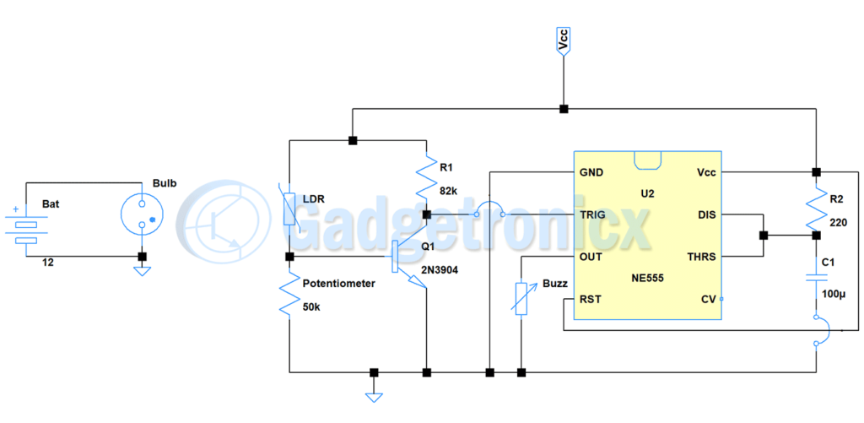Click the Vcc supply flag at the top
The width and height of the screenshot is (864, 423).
(563, 42)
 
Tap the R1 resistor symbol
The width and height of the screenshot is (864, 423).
(425, 177)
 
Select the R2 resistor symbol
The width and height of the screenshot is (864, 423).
(816, 209)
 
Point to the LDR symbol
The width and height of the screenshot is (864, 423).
(290, 205)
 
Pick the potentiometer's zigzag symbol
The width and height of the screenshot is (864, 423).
(290, 296)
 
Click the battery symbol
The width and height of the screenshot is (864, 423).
(26, 225)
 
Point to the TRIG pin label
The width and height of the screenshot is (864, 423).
(593, 214)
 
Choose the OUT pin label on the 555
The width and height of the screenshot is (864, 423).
(590, 257)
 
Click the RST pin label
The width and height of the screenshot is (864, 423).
(590, 300)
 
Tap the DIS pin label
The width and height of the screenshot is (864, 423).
(707, 214)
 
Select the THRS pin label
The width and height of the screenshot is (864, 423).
(701, 257)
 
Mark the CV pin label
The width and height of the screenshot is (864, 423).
(709, 300)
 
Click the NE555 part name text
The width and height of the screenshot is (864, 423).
(647, 279)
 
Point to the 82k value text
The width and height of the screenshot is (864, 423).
(449, 192)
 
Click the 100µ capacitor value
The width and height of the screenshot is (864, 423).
(833, 293)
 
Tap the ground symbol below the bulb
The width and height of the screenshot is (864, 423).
(142, 269)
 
